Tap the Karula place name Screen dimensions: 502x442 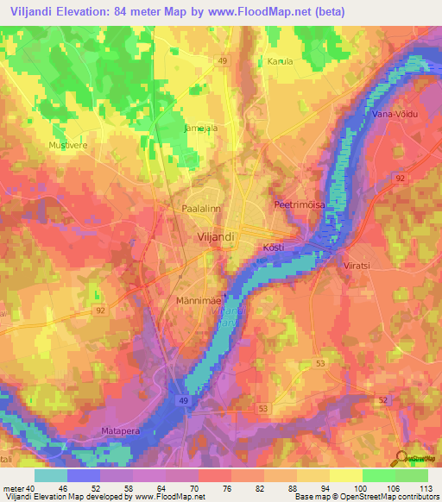tap(281, 62)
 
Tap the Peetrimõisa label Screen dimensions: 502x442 tap(297, 205)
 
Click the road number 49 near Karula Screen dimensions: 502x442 tap(223, 60)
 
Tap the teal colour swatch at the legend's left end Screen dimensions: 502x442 tap(51, 475)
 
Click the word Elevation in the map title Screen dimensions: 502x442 tap(87, 12)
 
